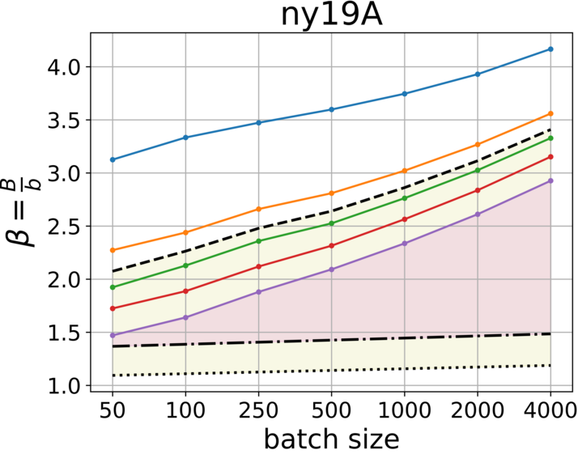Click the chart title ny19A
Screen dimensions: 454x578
(x=332, y=15)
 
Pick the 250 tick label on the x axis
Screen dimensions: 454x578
(x=259, y=412)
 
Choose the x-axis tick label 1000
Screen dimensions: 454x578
(x=405, y=412)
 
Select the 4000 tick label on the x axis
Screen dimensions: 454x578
(x=550, y=412)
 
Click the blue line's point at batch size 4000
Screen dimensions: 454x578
(x=550, y=49)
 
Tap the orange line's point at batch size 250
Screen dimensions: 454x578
(x=259, y=209)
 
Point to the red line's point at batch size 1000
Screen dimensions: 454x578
(x=405, y=219)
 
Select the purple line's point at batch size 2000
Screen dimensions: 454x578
(x=478, y=214)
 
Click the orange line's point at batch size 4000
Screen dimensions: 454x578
(x=550, y=113)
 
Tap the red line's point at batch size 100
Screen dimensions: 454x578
(x=186, y=291)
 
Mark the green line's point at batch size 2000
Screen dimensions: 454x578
(x=478, y=170)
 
